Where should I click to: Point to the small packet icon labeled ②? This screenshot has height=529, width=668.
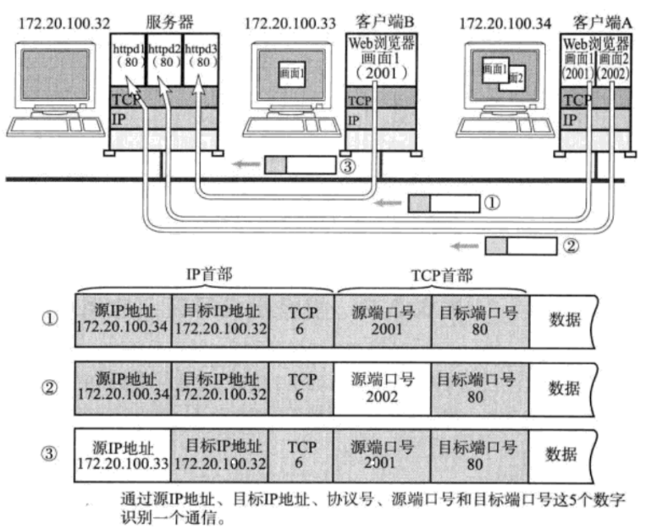pyautogui.click(x=521, y=246)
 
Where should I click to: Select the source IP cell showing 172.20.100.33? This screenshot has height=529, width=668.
pyautogui.click(x=122, y=455)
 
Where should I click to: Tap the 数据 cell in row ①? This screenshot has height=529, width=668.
pyautogui.click(x=564, y=320)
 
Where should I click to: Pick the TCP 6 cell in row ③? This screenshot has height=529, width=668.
pyautogui.click(x=302, y=455)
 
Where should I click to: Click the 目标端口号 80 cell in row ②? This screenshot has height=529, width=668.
pyautogui.click(x=478, y=388)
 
